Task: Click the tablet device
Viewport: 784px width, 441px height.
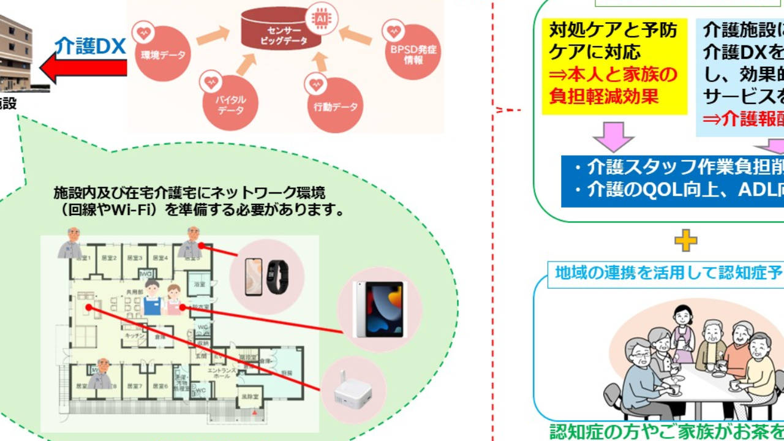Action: (380, 309)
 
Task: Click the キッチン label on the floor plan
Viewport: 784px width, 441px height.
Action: (135, 336)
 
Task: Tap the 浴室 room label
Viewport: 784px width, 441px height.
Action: (200, 284)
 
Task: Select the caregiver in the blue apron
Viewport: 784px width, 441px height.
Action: (152, 298)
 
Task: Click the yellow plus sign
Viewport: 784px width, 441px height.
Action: (685, 241)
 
